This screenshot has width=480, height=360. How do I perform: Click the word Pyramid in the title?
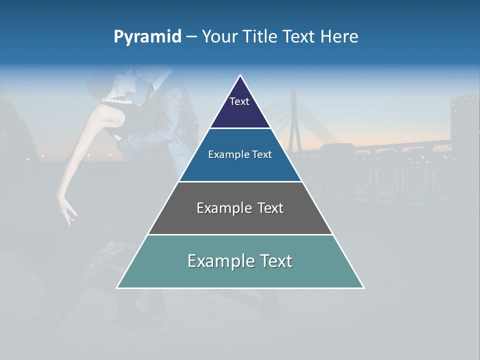pyautogui.click(x=147, y=37)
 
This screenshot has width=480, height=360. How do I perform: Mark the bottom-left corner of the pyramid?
pyautogui.click(x=117, y=287)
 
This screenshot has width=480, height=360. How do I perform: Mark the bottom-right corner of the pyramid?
pyautogui.click(x=363, y=287)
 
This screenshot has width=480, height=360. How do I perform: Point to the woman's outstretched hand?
pyautogui.click(x=67, y=210)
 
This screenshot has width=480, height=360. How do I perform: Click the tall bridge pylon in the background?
pyautogui.click(x=294, y=120)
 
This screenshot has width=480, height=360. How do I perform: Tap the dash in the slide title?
pyautogui.click(x=191, y=37)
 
